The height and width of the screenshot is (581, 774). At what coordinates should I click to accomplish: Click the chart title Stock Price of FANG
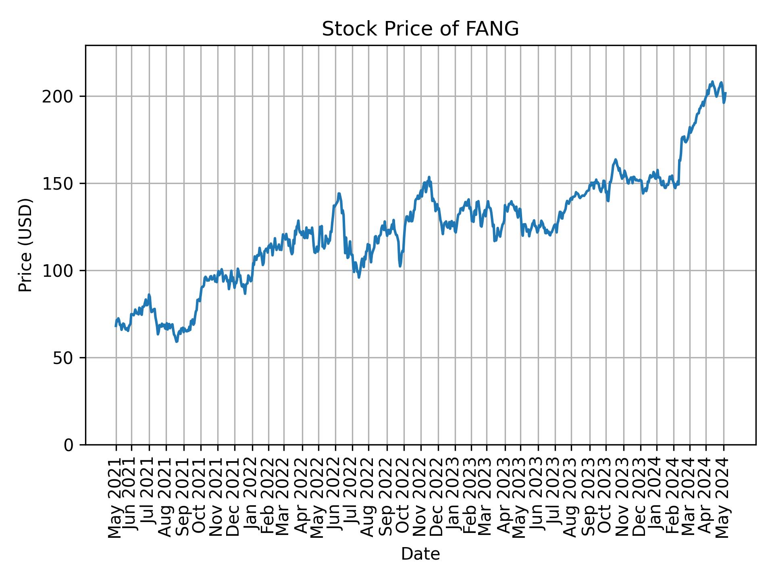pos(420,29)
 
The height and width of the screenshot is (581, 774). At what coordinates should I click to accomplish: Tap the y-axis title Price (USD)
pos(25,245)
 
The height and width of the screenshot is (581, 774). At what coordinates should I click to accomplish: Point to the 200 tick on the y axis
pos(60,96)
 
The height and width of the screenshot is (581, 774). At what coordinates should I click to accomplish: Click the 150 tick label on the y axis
pos(60,184)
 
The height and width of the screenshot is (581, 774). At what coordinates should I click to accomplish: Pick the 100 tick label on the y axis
pos(60,271)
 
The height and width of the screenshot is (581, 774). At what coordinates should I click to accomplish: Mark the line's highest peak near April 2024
pos(712,82)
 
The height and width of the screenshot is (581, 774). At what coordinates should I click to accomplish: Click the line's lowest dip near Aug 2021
pos(177,341)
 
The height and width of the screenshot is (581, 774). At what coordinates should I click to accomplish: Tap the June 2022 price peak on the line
pos(339,194)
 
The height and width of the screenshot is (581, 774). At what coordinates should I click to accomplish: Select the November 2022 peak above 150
pos(429,177)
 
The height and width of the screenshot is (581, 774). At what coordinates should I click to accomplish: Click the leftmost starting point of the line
pos(116,326)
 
